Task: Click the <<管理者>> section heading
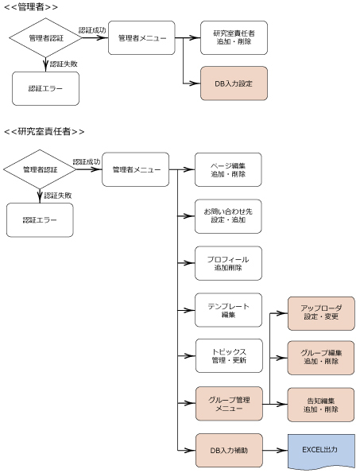[x=31, y=6]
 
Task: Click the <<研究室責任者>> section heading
[x=45, y=131]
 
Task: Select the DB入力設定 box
[x=234, y=83]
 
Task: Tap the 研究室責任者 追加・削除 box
[x=234, y=37]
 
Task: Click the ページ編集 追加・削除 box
[x=228, y=169]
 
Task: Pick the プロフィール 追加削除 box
[x=228, y=263]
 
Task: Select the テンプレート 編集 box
[x=228, y=310]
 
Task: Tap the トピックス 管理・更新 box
[x=228, y=356]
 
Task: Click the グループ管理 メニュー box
[x=228, y=403]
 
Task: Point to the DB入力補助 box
[x=228, y=450]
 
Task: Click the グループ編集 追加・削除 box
[x=320, y=357]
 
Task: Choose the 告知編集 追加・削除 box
[x=320, y=405]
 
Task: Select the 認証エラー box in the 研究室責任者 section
[x=40, y=219]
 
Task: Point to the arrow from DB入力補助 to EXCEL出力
[x=273, y=450]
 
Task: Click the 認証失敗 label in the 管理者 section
[x=64, y=63]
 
